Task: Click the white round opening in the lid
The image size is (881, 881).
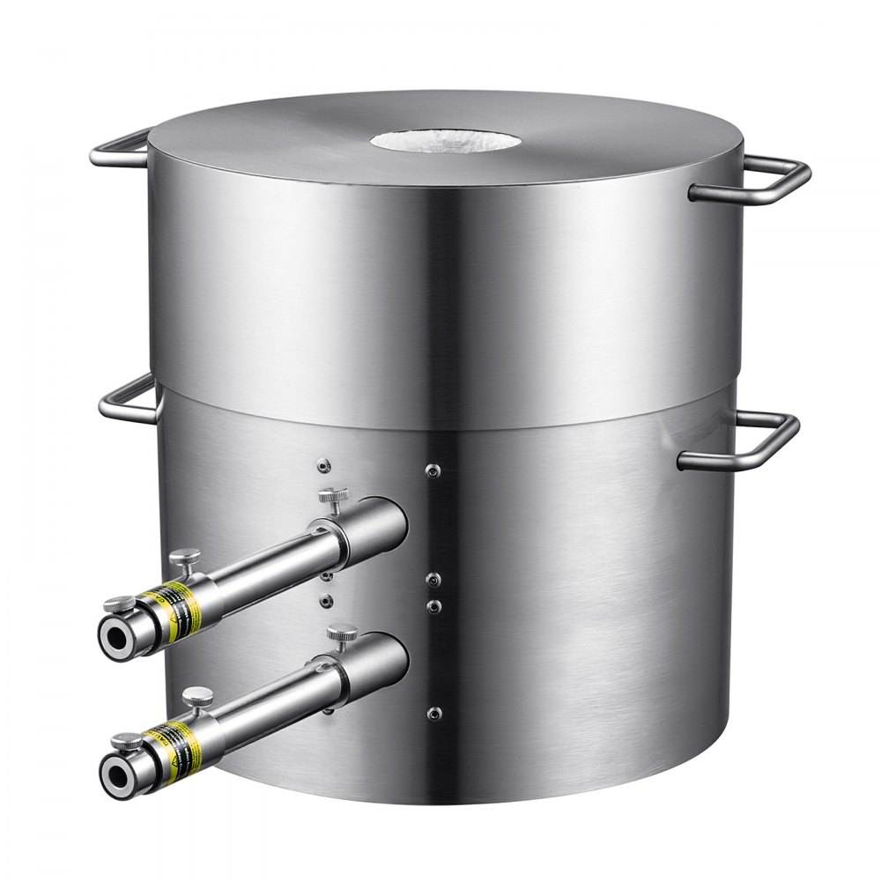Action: click(x=441, y=138)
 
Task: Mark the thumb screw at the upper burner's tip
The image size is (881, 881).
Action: click(x=119, y=604)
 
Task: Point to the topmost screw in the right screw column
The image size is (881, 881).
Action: click(x=432, y=470)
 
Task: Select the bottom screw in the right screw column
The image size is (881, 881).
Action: click(x=432, y=713)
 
